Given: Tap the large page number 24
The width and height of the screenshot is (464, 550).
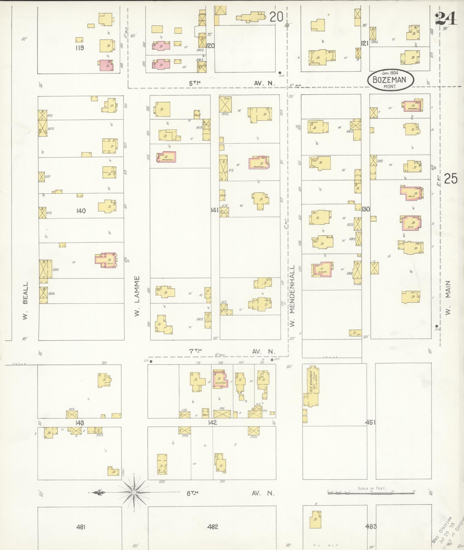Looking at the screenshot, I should click(x=446, y=19).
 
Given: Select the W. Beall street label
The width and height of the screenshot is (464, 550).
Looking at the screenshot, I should click(x=26, y=300).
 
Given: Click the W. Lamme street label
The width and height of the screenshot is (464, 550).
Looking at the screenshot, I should click(x=137, y=296).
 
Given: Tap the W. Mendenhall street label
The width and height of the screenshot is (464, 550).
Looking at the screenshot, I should click(x=293, y=296).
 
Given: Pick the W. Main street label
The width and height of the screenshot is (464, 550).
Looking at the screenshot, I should click(x=448, y=298).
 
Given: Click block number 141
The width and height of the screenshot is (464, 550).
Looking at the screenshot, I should click(x=214, y=210).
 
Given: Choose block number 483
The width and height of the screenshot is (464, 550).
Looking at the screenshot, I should click(x=371, y=526).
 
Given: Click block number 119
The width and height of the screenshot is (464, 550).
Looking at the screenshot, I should click(x=79, y=48).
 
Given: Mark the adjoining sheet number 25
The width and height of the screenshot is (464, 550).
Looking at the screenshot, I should click(x=450, y=179).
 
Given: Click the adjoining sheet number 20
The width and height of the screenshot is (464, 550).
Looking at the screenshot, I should click(x=276, y=17).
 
